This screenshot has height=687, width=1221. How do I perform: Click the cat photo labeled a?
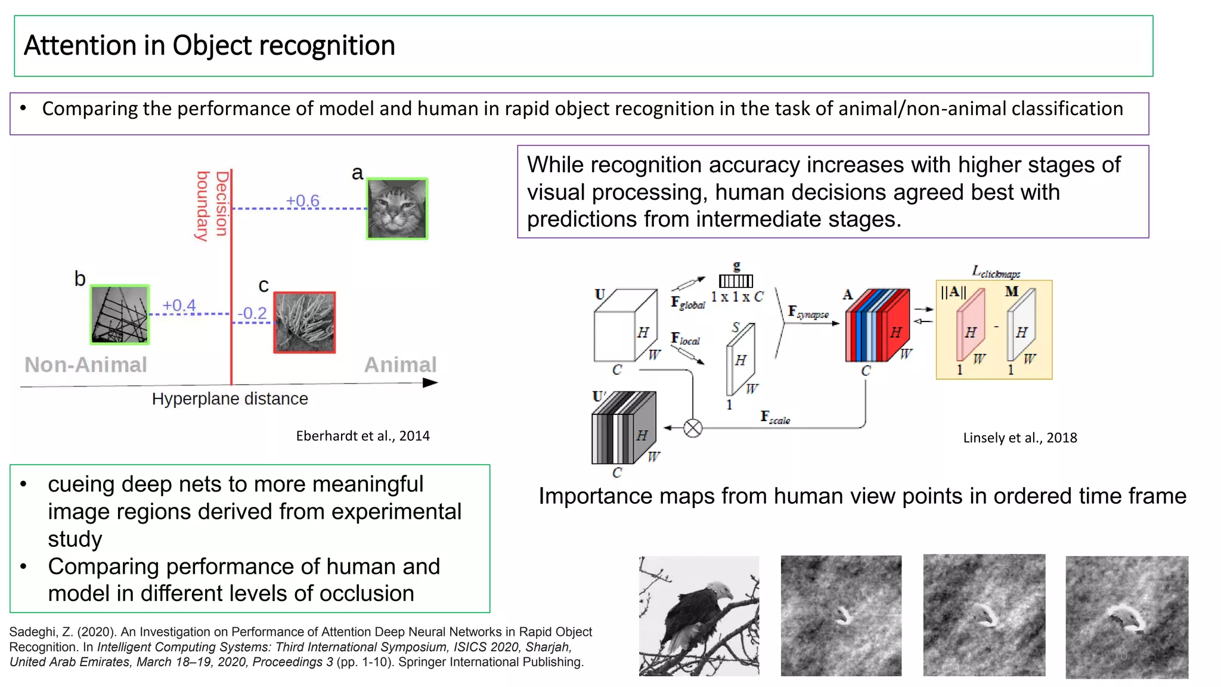coord(396,209)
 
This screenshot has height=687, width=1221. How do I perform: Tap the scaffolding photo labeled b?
coord(119,314)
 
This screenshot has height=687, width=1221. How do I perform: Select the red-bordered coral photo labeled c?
coord(305,323)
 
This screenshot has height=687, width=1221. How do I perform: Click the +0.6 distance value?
coord(302,200)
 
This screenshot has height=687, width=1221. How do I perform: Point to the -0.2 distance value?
coord(252,313)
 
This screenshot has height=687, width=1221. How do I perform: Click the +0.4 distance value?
coord(179,305)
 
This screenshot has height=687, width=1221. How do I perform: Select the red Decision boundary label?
coord(212,206)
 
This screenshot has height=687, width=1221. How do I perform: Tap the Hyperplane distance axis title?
coord(230,398)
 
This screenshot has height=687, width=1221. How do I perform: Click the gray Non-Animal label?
coord(86,364)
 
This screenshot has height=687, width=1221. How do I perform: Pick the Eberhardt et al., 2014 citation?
coord(362,436)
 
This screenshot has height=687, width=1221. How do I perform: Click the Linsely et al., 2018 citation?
coord(1019,438)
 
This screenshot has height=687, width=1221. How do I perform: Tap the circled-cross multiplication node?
coord(692,428)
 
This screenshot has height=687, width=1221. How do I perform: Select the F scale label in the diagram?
coord(774,417)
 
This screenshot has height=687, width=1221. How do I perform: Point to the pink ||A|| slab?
coord(969,331)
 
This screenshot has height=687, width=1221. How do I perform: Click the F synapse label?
coord(808,312)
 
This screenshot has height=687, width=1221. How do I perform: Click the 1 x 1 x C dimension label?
coord(736,296)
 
